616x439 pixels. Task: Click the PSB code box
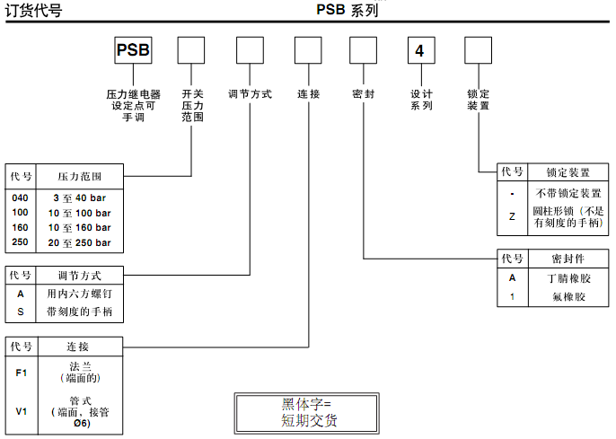click(133, 50)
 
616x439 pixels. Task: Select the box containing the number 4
click(419, 50)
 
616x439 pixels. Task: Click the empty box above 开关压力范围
click(191, 50)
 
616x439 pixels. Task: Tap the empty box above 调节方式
click(249, 50)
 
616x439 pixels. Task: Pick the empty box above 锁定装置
click(478, 50)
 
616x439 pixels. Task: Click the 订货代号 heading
click(34, 11)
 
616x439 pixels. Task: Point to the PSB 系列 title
click(347, 11)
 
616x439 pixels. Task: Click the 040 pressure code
click(20, 198)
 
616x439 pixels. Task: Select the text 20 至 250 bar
click(80, 242)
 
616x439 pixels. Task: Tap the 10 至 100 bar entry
click(80, 213)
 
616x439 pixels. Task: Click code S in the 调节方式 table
click(20, 312)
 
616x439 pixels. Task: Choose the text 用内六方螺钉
click(80, 294)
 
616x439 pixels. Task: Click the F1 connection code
click(21, 373)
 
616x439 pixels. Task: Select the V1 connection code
click(21, 412)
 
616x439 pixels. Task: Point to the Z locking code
click(512, 216)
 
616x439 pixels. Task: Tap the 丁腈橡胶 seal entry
click(568, 278)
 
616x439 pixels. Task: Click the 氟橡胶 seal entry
click(568, 296)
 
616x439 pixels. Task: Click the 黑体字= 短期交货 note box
click(307, 413)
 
